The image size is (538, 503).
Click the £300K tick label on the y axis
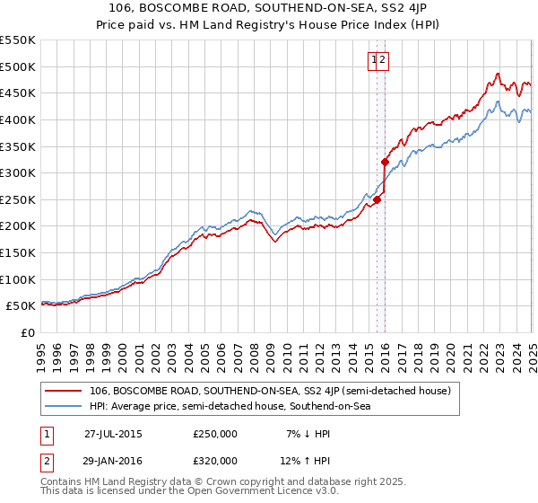click(x=18, y=172)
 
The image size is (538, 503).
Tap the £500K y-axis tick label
click(x=18, y=66)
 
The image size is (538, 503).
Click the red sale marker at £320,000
click(x=386, y=163)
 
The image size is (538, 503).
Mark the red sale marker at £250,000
click(x=377, y=200)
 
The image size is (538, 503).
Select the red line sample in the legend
click(x=64, y=392)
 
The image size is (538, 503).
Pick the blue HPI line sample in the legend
click(x=64, y=407)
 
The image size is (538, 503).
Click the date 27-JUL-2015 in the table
click(x=113, y=434)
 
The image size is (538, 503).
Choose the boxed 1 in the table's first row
click(x=44, y=434)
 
